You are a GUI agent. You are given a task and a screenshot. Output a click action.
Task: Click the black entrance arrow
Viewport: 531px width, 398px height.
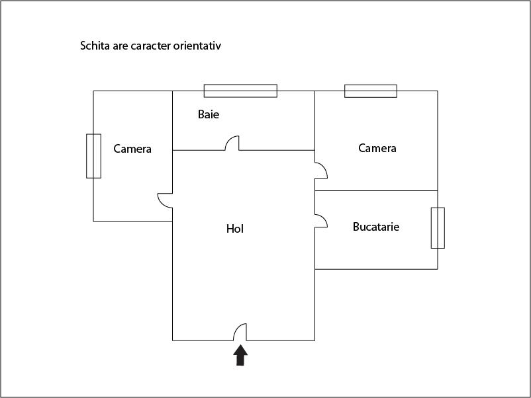tap(240, 355)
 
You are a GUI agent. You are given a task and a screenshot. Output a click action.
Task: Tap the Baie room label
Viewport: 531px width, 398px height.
tap(209, 114)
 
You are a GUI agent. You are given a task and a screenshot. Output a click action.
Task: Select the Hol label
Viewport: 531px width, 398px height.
tap(235, 229)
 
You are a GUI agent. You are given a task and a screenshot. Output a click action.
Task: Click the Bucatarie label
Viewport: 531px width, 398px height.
tap(376, 227)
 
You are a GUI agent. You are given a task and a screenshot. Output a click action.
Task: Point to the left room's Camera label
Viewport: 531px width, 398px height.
tap(132, 149)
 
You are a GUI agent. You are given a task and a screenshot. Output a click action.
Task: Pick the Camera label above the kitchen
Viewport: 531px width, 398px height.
tap(377, 148)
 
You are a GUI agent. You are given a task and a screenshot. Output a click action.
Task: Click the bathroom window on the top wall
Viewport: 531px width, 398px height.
tap(240, 91)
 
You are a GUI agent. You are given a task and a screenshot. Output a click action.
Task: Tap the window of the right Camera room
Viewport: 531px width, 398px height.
tap(371, 91)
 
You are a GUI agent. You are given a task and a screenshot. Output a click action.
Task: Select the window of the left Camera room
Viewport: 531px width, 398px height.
tap(93, 156)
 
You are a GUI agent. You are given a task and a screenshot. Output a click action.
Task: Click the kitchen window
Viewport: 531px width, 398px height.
tap(438, 228)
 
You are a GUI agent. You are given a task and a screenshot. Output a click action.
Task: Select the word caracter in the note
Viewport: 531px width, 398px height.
tap(151, 46)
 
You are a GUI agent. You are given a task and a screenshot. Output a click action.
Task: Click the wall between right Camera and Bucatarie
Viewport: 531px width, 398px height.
tap(376, 190)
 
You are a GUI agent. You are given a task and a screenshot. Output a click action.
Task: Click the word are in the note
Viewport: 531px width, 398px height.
tap(121, 46)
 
